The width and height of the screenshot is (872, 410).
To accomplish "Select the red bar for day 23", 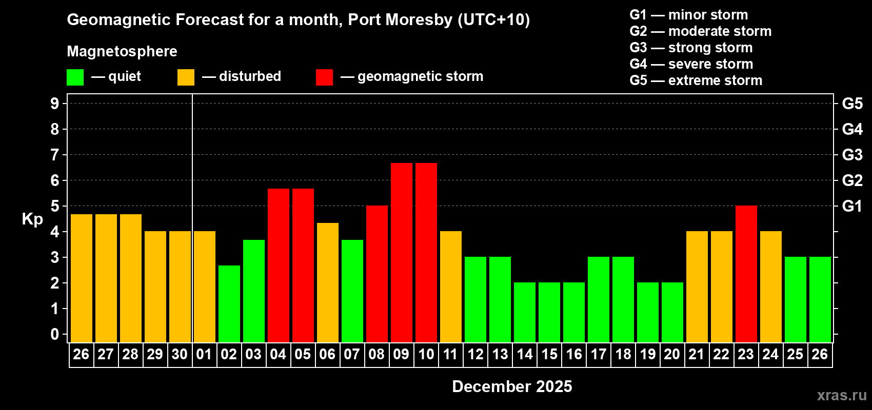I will pos(746,274).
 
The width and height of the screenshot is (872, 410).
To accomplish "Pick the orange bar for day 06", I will pos(328,282).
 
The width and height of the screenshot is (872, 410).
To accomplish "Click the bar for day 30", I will pos(180,286).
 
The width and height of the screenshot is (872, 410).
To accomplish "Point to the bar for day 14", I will pos(525,312).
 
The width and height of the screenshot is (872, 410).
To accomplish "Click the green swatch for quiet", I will pos(75,77).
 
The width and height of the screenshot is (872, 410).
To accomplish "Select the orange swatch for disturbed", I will pos(186,77).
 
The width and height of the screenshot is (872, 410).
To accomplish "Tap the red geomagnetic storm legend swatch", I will pos(324,77).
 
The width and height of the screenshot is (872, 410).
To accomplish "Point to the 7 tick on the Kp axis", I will pos(55,155).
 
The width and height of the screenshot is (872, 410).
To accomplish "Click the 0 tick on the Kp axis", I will pos(55,334).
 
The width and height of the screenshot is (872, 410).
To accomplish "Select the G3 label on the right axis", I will pos(852,155).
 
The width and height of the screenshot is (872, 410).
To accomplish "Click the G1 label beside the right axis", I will pos(852,206).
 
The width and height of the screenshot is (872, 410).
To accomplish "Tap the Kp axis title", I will pos(32,219).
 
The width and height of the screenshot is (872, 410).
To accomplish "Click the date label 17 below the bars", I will pos(599,354).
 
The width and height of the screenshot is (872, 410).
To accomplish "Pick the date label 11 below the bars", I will pos(450,354).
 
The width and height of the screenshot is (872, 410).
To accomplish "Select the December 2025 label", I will pos(512,386).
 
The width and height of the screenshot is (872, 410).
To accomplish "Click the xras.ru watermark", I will pos(842,395).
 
